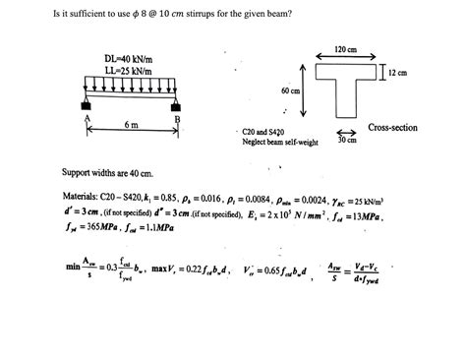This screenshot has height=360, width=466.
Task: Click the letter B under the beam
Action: click(x=178, y=120)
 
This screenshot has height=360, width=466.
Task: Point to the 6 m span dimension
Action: click(x=131, y=126)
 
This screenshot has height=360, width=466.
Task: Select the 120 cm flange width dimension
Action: click(x=345, y=50)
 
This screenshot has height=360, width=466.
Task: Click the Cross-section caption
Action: click(x=393, y=128)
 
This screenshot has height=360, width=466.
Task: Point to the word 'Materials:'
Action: click(x=81, y=196)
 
